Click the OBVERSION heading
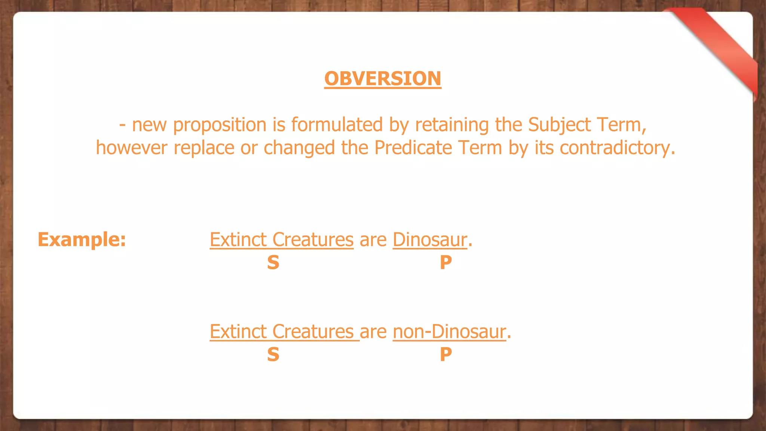[383, 79]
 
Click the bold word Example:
[82, 239]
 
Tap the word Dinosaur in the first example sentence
[430, 239]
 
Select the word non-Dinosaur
[449, 331]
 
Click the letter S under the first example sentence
[273, 262]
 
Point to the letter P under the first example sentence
[445, 262]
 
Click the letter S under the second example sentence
[273, 354]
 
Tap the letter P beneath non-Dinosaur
[445, 354]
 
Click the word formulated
[337, 125]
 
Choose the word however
[131, 148]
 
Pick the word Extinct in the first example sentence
[238, 239]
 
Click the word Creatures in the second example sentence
[313, 331]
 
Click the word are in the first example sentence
[373, 240]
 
